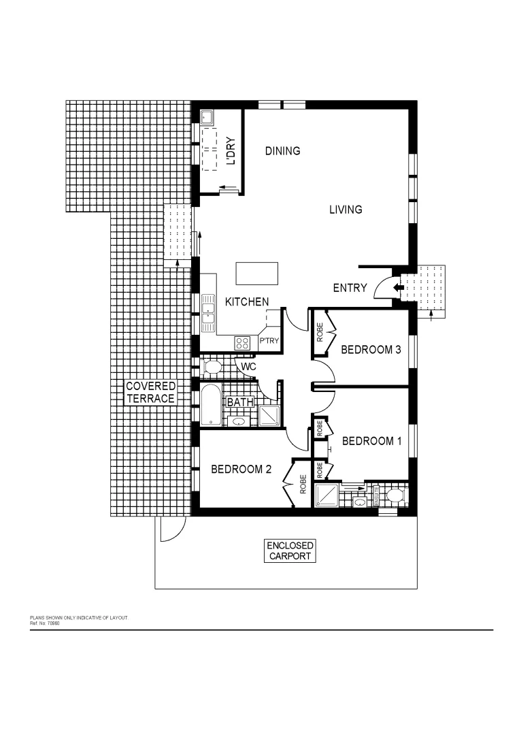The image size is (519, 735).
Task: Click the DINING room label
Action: point(282,151)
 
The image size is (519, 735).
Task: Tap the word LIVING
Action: point(346,210)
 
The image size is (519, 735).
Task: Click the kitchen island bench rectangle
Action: point(257,274)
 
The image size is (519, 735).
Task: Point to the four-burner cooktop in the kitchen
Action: point(242,343)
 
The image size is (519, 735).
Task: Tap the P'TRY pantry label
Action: point(269,341)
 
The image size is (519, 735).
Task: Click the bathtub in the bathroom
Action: point(210,404)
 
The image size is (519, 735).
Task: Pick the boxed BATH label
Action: point(239,402)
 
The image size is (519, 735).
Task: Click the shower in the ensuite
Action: point(327,495)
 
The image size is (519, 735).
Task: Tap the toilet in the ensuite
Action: point(392,495)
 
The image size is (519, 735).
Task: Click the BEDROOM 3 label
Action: point(371,350)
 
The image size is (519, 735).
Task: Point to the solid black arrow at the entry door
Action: point(397,288)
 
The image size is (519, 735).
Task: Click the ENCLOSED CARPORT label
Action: point(290,551)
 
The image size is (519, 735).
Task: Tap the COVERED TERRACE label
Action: point(150,393)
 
